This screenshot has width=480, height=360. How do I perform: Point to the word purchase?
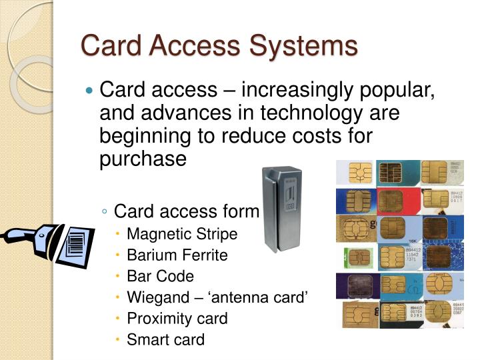click(x=143, y=158)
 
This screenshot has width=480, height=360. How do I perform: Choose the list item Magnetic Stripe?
click(x=181, y=234)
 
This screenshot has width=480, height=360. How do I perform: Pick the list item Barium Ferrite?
click(x=177, y=255)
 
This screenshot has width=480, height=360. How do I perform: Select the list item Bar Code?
click(x=160, y=276)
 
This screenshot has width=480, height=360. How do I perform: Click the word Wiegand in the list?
click(x=157, y=297)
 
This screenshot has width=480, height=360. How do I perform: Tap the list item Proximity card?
click(x=177, y=318)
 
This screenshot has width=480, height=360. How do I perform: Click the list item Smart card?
click(x=165, y=339)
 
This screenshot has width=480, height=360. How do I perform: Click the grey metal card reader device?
click(x=281, y=207)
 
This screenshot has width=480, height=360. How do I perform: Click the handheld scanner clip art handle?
click(x=20, y=236)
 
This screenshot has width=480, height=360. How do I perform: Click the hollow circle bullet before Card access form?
click(x=105, y=212)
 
